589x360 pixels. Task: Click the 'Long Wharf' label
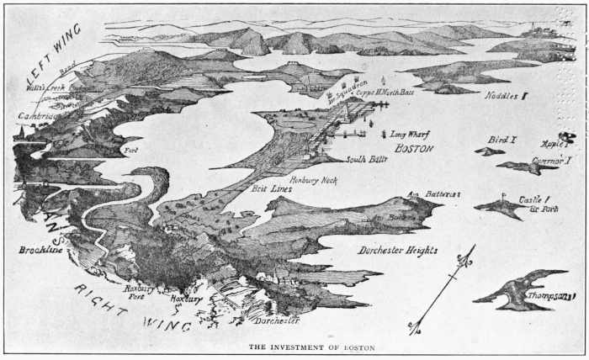(x=411, y=134)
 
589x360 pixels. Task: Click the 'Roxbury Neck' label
(x=312, y=180)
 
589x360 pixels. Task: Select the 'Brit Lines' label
(x=271, y=189)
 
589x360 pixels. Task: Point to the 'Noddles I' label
(x=506, y=96)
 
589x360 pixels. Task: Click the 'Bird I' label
(x=501, y=140)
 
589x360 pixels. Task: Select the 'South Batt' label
(x=368, y=159)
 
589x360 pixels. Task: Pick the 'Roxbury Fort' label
(x=136, y=292)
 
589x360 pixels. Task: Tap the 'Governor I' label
(x=551, y=160)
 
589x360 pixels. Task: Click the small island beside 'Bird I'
(x=488, y=151)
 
